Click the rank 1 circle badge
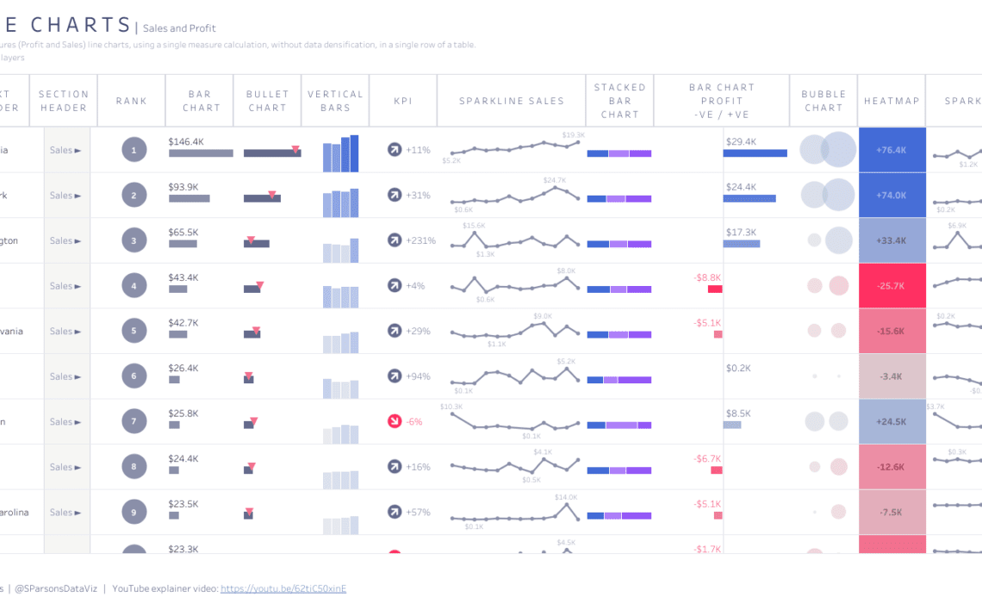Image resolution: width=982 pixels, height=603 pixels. (134, 151)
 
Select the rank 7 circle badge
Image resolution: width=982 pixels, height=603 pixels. (134, 422)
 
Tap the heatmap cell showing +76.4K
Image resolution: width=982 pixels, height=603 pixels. (892, 151)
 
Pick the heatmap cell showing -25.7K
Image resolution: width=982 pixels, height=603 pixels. (892, 286)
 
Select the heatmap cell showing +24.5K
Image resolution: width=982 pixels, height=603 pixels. (892, 422)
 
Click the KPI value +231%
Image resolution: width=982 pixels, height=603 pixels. (420, 241)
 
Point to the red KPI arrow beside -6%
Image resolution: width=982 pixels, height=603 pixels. (395, 422)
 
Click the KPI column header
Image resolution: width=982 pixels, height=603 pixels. (402, 101)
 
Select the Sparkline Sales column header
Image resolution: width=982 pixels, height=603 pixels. (512, 101)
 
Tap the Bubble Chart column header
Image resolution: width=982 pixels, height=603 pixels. (824, 101)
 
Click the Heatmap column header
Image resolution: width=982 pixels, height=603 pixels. (892, 101)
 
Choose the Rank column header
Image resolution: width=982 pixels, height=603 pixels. (132, 101)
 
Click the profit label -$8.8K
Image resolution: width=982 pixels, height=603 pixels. (707, 277)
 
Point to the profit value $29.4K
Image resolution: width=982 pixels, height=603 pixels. (741, 141)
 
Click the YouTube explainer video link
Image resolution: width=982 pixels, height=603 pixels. (283, 588)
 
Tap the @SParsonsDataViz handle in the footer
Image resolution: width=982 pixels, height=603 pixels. (56, 588)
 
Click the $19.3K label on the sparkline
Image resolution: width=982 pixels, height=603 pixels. (573, 135)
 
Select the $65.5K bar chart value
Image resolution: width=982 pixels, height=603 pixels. (183, 233)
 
